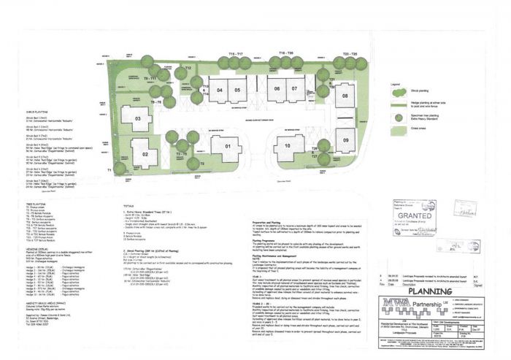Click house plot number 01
pos(228,146)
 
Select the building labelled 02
pos(145,154)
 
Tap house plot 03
pos(136,118)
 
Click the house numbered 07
pos(293,89)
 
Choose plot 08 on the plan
pos(344,96)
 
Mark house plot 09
pos(346,140)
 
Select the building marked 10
pos(288,146)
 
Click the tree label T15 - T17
pos(236,54)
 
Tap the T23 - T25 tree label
pos(350,54)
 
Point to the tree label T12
pos(188,67)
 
